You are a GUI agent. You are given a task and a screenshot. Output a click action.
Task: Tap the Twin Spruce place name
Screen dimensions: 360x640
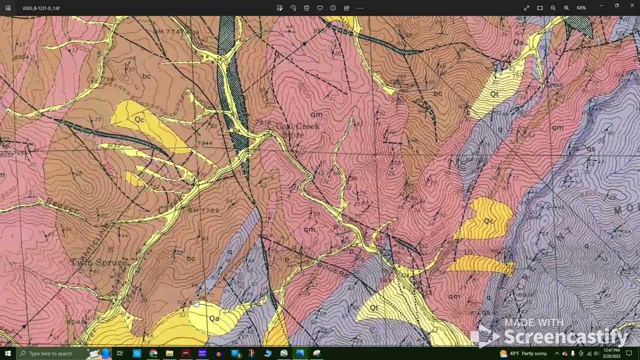coord(99,262)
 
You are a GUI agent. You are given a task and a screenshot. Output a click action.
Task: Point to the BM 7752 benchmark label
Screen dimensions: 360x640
coord(204,210)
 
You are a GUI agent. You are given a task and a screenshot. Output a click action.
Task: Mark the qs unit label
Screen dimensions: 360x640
coord(591,149)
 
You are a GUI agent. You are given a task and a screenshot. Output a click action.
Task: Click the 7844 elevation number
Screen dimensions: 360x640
coord(204,143)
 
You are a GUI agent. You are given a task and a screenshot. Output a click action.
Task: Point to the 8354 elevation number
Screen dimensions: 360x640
coord(21,57)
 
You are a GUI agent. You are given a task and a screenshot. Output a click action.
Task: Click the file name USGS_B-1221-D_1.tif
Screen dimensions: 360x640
coord(41,8)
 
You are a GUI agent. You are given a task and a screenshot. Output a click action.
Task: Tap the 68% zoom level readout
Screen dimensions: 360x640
coord(581,8)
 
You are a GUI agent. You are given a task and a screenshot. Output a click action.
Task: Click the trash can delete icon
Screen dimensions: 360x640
coord(306,8)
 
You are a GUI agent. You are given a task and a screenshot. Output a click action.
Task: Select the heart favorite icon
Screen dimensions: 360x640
coord(320,8)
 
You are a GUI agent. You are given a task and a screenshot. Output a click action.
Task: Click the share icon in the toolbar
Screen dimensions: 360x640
coord(346,8)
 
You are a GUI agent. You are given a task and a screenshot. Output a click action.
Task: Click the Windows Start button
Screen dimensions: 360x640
coord(8,353)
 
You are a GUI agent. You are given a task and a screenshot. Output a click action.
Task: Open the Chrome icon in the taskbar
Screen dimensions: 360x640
coord(153,353)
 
